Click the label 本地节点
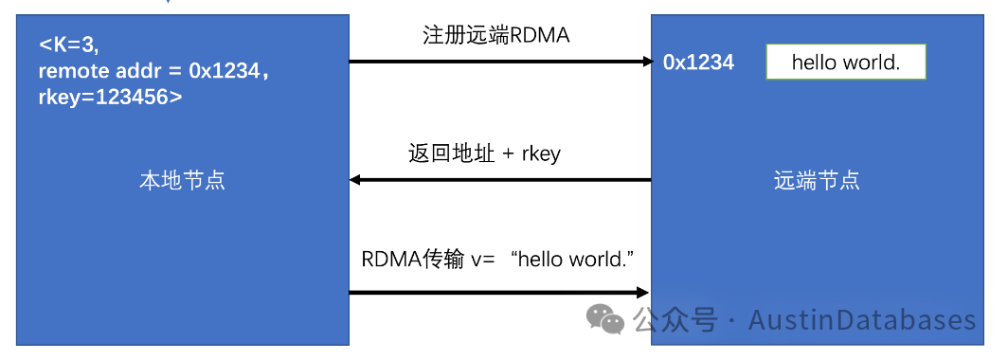(x=182, y=180)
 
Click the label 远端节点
(x=817, y=180)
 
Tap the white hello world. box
(x=845, y=63)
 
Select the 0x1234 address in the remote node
(x=698, y=63)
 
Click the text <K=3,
(x=69, y=45)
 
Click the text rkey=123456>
(x=110, y=96)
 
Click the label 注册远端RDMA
(x=495, y=36)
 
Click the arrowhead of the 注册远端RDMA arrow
(x=648, y=63)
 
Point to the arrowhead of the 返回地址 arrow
(x=355, y=180)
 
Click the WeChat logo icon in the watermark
(x=606, y=319)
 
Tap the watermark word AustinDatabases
(x=862, y=320)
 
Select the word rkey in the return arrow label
(x=540, y=154)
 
